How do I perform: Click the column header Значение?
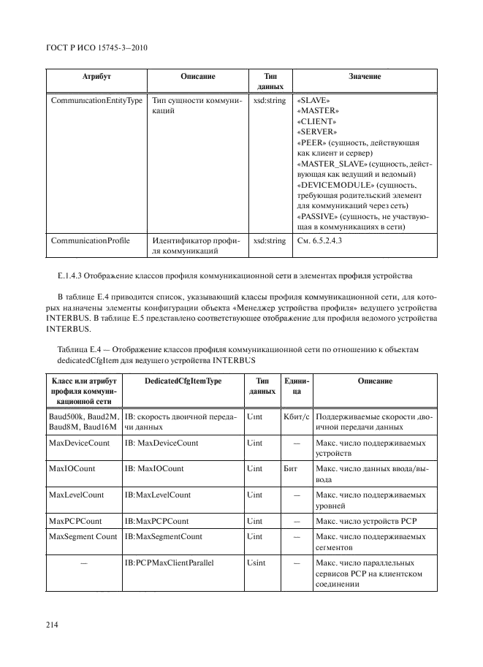coord(365,76)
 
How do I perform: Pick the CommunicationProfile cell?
coord(91,240)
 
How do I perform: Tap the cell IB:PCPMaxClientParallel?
coord(172,563)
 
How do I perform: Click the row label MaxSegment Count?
coord(83,536)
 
